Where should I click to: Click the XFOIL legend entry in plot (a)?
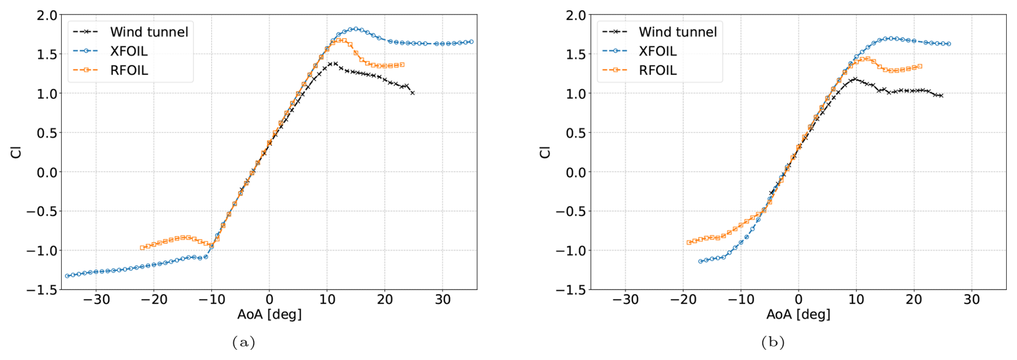pyautogui.click(x=128, y=51)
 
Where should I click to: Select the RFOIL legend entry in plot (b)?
pyautogui.click(x=657, y=70)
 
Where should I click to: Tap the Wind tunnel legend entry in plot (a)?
pyautogui.click(x=149, y=32)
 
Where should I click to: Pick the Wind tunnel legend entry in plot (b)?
pyautogui.click(x=677, y=32)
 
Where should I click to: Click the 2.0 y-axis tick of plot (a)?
pyautogui.click(x=47, y=16)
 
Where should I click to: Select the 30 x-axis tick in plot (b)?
pyautogui.click(x=971, y=300)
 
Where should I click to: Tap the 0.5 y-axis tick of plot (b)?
pyautogui.click(x=576, y=133)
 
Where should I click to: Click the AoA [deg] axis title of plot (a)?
pyautogui.click(x=269, y=314)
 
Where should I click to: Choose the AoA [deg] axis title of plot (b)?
pyautogui.click(x=798, y=314)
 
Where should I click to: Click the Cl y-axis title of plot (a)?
pyautogui.click(x=16, y=152)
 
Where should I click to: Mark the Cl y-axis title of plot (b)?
pyautogui.click(x=545, y=152)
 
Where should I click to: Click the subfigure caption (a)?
pyautogui.click(x=243, y=342)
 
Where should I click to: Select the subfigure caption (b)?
pyautogui.click(x=772, y=342)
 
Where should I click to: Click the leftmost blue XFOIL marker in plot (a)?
pyautogui.click(x=67, y=276)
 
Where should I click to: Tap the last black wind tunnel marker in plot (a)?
pyautogui.click(x=412, y=93)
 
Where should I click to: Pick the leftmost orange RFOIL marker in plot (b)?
pyautogui.click(x=689, y=242)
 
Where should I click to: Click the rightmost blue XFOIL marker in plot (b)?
pyautogui.click(x=949, y=44)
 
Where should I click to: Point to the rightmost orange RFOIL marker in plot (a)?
pyautogui.click(x=402, y=64)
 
